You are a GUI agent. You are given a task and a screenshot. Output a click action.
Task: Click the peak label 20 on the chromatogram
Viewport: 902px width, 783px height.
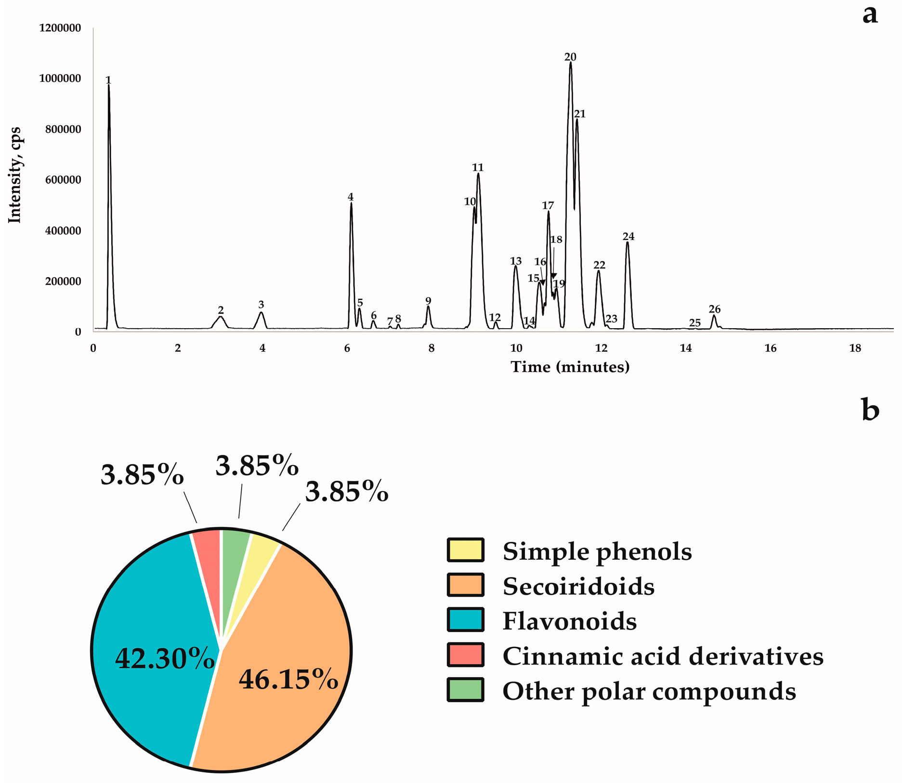570,57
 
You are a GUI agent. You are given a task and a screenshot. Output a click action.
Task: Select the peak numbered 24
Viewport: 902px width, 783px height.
627,244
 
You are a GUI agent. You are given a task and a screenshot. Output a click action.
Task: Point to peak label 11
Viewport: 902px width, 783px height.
477,167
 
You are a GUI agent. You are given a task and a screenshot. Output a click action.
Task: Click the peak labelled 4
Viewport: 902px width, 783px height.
351,204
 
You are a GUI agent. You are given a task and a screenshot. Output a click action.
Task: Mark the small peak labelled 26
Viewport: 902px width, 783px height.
714,317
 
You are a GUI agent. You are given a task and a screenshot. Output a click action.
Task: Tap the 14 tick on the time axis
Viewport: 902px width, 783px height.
686,348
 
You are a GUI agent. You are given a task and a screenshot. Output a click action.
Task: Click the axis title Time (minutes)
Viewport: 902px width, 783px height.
570,367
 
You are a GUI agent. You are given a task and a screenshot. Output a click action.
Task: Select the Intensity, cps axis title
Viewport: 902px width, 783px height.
15,175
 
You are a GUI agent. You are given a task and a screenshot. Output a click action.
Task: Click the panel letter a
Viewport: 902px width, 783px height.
870,15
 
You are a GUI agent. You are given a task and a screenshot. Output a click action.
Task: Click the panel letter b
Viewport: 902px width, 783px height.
870,411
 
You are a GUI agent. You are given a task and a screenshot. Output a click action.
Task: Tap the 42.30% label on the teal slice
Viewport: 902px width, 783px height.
164,658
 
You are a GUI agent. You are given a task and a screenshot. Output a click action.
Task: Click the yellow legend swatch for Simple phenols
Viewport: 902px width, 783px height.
465,550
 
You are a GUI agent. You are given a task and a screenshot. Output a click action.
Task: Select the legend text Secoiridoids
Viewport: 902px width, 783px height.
578,586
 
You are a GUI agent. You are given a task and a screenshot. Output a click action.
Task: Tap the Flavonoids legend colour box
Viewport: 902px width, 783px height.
465,620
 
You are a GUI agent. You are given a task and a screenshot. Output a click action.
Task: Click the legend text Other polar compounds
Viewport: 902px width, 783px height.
649,691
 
